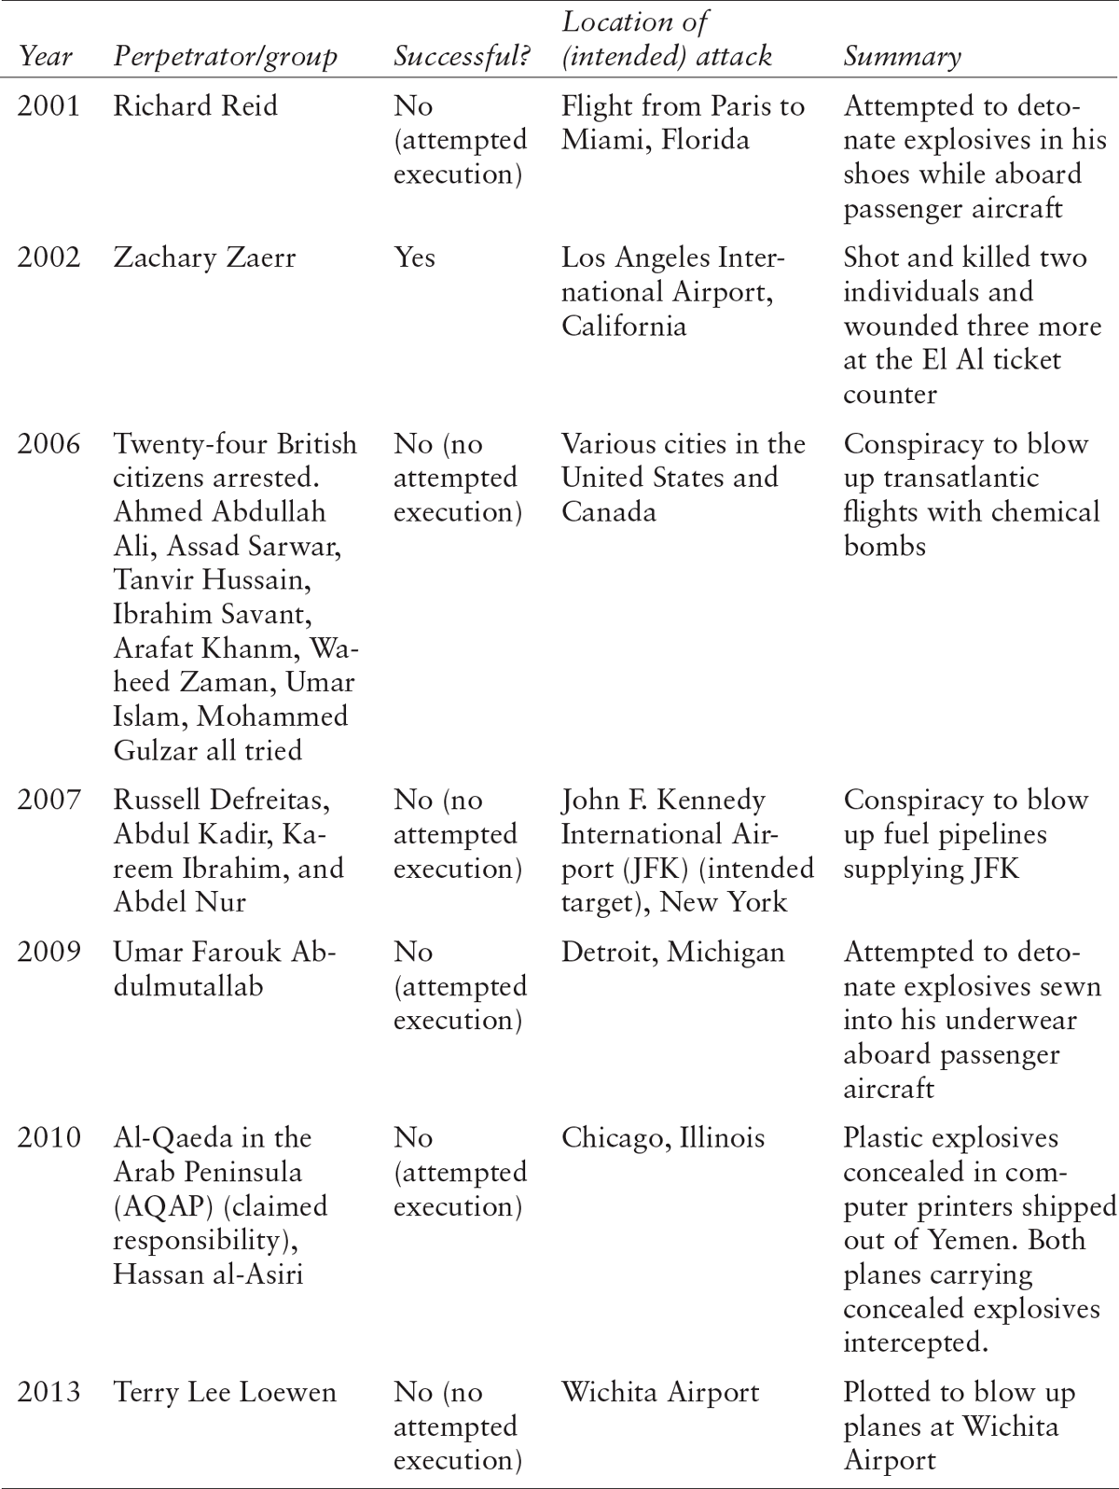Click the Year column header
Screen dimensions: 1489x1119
point(46,57)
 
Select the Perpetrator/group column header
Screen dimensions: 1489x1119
point(225,57)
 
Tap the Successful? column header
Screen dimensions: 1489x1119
point(462,57)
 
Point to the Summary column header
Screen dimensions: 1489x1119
point(902,57)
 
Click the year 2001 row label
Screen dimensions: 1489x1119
point(48,105)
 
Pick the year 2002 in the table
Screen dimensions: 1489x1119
point(48,257)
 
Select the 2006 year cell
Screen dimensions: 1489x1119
point(48,443)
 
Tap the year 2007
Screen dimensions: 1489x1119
point(48,800)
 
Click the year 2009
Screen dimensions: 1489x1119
point(48,952)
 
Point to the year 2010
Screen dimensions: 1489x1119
point(48,1137)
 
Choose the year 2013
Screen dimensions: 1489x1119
point(48,1392)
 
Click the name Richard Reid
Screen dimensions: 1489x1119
point(195,105)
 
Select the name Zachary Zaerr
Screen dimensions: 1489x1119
point(204,257)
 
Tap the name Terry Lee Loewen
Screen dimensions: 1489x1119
point(225,1392)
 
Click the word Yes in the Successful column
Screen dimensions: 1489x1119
point(414,257)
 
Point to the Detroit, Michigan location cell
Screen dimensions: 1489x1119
point(672,952)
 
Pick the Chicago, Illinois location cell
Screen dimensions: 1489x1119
point(662,1137)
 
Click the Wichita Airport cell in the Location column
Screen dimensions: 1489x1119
point(660,1392)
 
